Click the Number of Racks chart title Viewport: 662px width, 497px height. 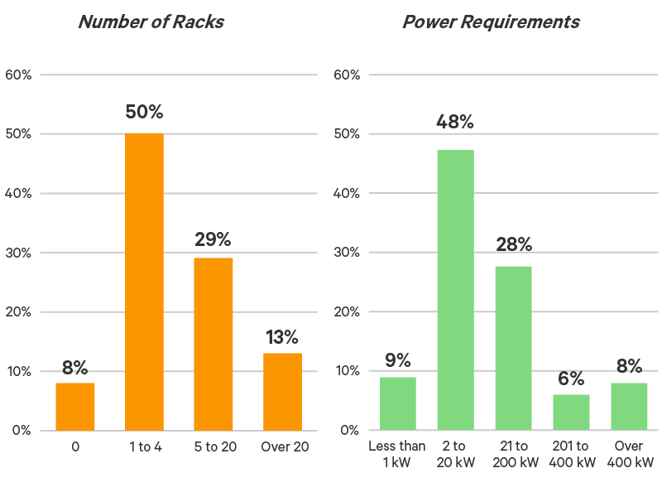(151, 22)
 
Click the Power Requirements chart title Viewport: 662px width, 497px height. (491, 22)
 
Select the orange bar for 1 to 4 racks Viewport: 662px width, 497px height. (144, 282)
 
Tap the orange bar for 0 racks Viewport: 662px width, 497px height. (75, 406)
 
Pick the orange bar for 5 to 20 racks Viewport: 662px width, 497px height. (213, 344)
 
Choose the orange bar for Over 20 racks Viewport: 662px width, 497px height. (282, 391)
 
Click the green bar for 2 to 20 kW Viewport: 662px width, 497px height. (456, 290)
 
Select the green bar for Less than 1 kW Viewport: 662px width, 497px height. (398, 403)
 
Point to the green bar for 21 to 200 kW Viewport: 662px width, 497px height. (514, 348)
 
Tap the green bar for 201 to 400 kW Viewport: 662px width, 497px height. (572, 412)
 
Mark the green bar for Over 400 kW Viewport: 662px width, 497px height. (630, 406)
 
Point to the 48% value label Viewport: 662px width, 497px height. (455, 123)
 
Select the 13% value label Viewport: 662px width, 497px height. (282, 337)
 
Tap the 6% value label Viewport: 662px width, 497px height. (572, 379)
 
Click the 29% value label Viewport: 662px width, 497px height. (213, 240)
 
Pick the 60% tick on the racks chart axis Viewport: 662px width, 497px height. (18, 75)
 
